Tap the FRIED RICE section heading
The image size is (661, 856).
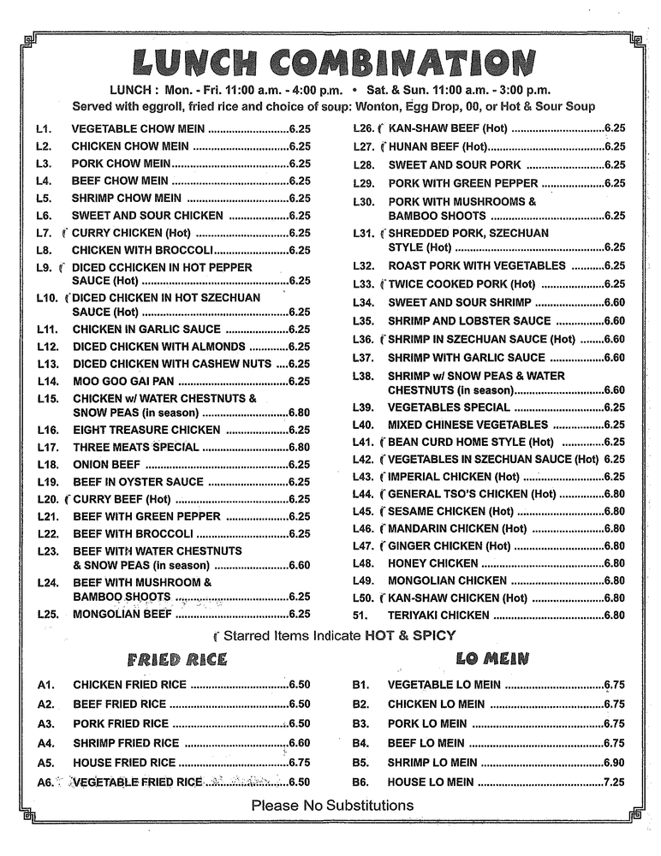(177, 658)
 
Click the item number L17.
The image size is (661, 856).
(47, 448)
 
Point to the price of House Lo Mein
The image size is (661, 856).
(614, 782)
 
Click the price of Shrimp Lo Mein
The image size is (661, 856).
(614, 763)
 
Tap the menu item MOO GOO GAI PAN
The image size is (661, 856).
(122, 382)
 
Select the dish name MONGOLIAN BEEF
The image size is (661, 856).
(122, 614)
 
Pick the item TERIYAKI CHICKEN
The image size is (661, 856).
(438, 615)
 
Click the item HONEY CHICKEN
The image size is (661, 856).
(432, 564)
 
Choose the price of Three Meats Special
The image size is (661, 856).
(299, 448)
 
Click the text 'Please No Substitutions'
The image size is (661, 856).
(332, 805)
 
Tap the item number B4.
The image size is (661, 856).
(360, 743)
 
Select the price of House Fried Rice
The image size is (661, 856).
(299, 763)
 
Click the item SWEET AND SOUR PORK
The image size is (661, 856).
(454, 165)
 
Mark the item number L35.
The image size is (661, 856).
(363, 321)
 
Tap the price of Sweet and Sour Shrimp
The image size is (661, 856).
(614, 302)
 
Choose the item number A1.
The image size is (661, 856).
(46, 685)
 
